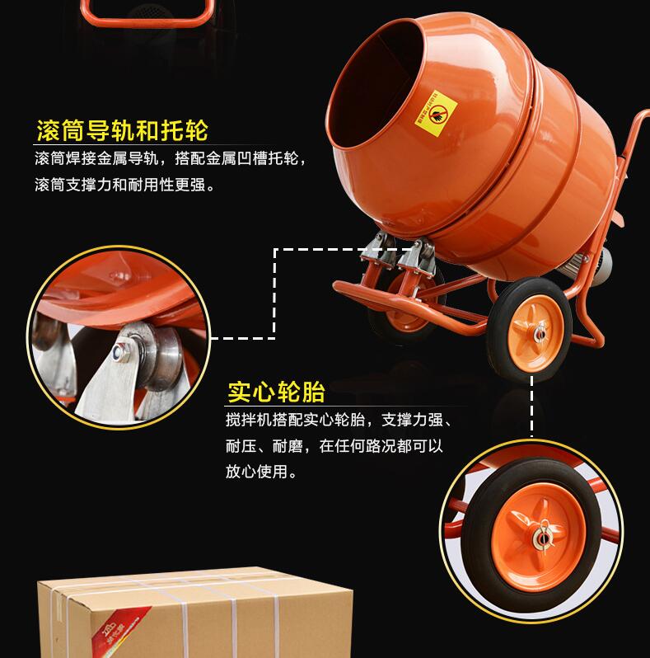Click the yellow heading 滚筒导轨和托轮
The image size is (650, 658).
pyautogui.click(x=122, y=130)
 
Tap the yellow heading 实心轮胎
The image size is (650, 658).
pyautogui.click(x=276, y=390)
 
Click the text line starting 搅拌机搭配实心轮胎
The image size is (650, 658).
pyautogui.click(x=338, y=421)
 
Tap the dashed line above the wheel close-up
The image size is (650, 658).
pyautogui.click(x=531, y=412)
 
